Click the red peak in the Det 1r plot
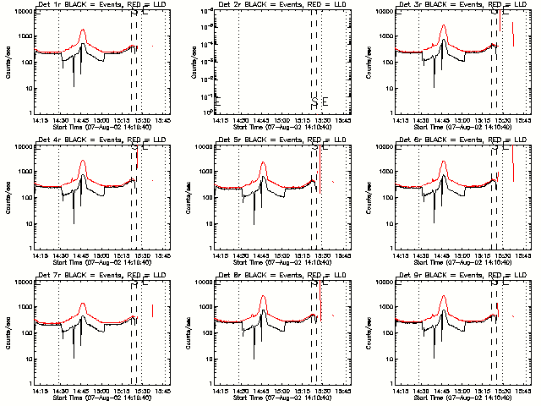tap(82, 30)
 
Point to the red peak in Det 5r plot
tap(263, 163)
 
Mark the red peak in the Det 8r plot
tap(263, 296)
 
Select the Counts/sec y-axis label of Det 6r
tap(369, 198)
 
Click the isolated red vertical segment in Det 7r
tap(152, 310)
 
